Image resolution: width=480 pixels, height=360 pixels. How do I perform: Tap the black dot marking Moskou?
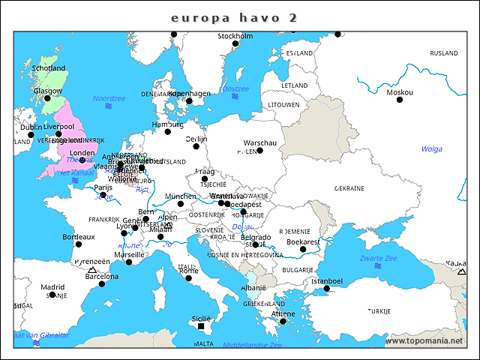[x=400, y=100]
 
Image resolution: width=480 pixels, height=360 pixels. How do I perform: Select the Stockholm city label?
[x=235, y=36]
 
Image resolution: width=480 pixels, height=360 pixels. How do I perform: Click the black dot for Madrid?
[x=52, y=296]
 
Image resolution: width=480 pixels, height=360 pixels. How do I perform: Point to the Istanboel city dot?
[x=326, y=289]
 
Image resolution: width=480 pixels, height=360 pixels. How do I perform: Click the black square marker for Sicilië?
[x=201, y=326]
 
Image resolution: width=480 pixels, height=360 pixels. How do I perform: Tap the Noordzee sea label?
[x=109, y=99]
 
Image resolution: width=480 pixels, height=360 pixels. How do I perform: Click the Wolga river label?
[x=431, y=148]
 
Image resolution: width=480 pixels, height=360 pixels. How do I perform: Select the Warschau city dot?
[x=259, y=151]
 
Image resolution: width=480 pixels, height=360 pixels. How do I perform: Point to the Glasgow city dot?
[x=46, y=98]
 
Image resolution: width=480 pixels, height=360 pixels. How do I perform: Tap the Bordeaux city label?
[x=79, y=236]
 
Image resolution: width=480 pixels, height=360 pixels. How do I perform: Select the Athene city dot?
[x=283, y=322]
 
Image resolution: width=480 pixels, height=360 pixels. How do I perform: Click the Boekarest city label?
[x=304, y=241]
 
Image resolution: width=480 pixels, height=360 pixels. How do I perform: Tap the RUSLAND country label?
[x=443, y=53]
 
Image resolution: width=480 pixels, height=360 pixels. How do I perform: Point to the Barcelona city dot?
[x=102, y=283]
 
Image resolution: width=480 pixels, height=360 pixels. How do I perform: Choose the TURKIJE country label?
[x=379, y=310]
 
